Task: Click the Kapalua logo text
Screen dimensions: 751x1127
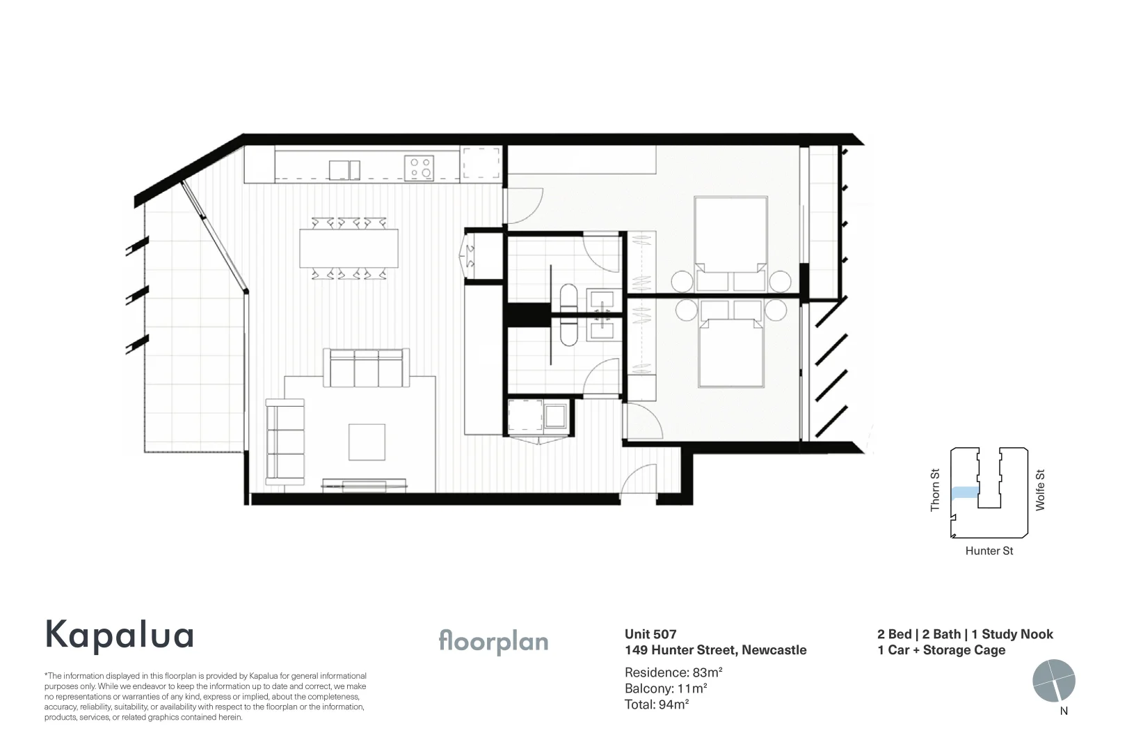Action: (119, 635)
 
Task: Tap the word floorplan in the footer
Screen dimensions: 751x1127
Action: (493, 642)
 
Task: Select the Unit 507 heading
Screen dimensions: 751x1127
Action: (650, 633)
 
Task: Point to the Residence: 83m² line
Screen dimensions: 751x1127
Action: (673, 672)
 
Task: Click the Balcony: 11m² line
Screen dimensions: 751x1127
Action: (666, 688)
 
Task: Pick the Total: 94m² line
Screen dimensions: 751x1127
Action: (657, 704)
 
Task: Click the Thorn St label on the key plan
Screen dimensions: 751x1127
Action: (935, 490)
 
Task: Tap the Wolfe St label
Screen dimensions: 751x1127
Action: (1040, 490)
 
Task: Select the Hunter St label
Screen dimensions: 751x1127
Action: (989, 551)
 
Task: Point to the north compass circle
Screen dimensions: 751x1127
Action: (1054, 681)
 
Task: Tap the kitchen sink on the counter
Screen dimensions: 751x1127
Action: (344, 170)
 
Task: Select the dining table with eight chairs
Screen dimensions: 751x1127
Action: (349, 248)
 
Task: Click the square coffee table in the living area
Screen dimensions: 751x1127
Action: (367, 442)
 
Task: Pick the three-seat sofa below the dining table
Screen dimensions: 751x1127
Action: (366, 369)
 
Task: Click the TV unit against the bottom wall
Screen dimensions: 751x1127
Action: (365, 484)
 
